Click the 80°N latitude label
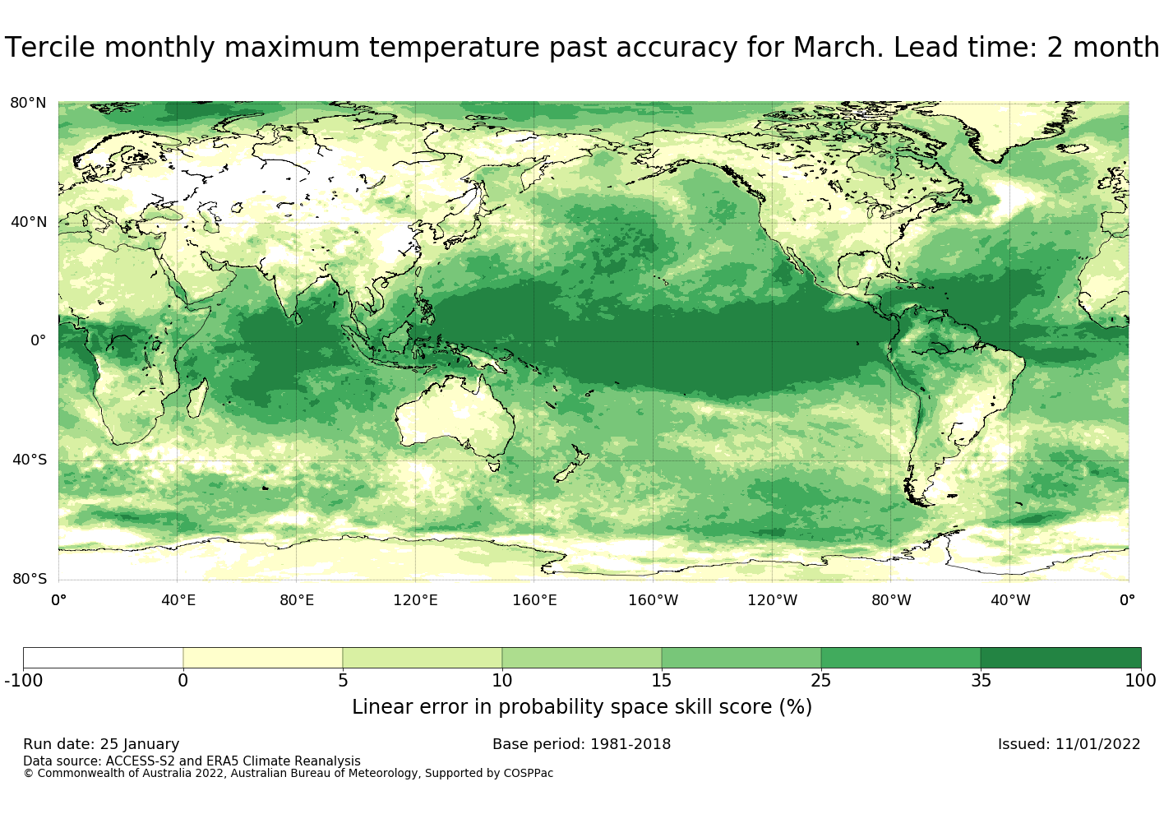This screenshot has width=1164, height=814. tap(28, 103)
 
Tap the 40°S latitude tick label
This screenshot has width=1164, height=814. tap(29, 460)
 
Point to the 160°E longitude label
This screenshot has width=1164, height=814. tap(534, 600)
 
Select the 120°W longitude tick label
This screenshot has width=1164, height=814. tap(772, 600)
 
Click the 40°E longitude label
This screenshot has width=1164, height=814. tap(178, 600)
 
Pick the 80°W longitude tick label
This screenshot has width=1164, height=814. tap(891, 600)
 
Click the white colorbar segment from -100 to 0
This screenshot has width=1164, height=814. tap(103, 658)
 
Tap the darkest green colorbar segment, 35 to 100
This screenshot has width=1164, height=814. tap(1060, 658)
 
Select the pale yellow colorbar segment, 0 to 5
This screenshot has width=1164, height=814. tap(262, 658)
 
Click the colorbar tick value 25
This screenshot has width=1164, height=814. tap(820, 681)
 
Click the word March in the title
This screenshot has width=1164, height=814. tap(838, 48)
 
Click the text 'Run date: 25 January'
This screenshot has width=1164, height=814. tap(101, 744)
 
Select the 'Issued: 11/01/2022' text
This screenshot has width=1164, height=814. tap(1069, 744)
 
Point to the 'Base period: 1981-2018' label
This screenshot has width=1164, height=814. tap(581, 744)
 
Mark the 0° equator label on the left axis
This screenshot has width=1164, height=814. tap(38, 340)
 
